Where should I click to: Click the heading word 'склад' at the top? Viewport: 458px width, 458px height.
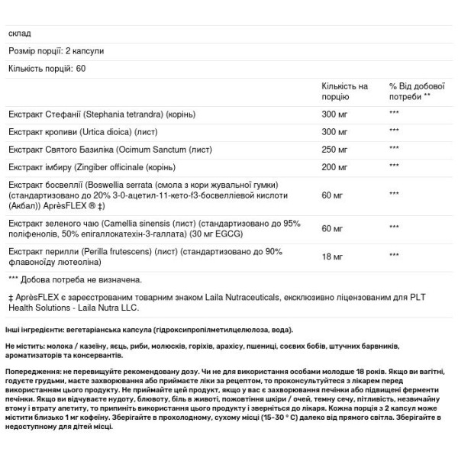coord(18,33)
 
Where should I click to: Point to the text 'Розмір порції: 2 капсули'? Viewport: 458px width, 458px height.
coord(56,50)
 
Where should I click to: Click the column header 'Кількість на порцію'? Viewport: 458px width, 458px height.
coord(344,92)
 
